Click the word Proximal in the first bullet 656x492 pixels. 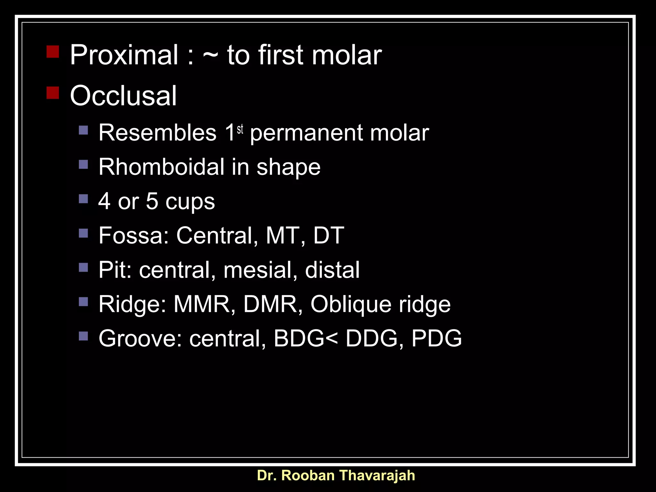tap(124, 55)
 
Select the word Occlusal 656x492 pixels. tap(123, 96)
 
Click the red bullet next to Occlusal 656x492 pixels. tap(53, 93)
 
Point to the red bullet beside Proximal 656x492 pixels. tap(53, 52)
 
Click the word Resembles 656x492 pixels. tap(157, 133)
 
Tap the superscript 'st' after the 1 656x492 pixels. tap(240, 129)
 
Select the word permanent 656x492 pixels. tap(306, 133)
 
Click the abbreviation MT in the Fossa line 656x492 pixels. tap(282, 236)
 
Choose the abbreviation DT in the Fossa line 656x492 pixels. tap(328, 236)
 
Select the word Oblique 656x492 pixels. tap(351, 305)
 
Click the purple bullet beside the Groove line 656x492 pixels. tap(83, 336)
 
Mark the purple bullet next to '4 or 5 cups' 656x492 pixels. tap(83, 199)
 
